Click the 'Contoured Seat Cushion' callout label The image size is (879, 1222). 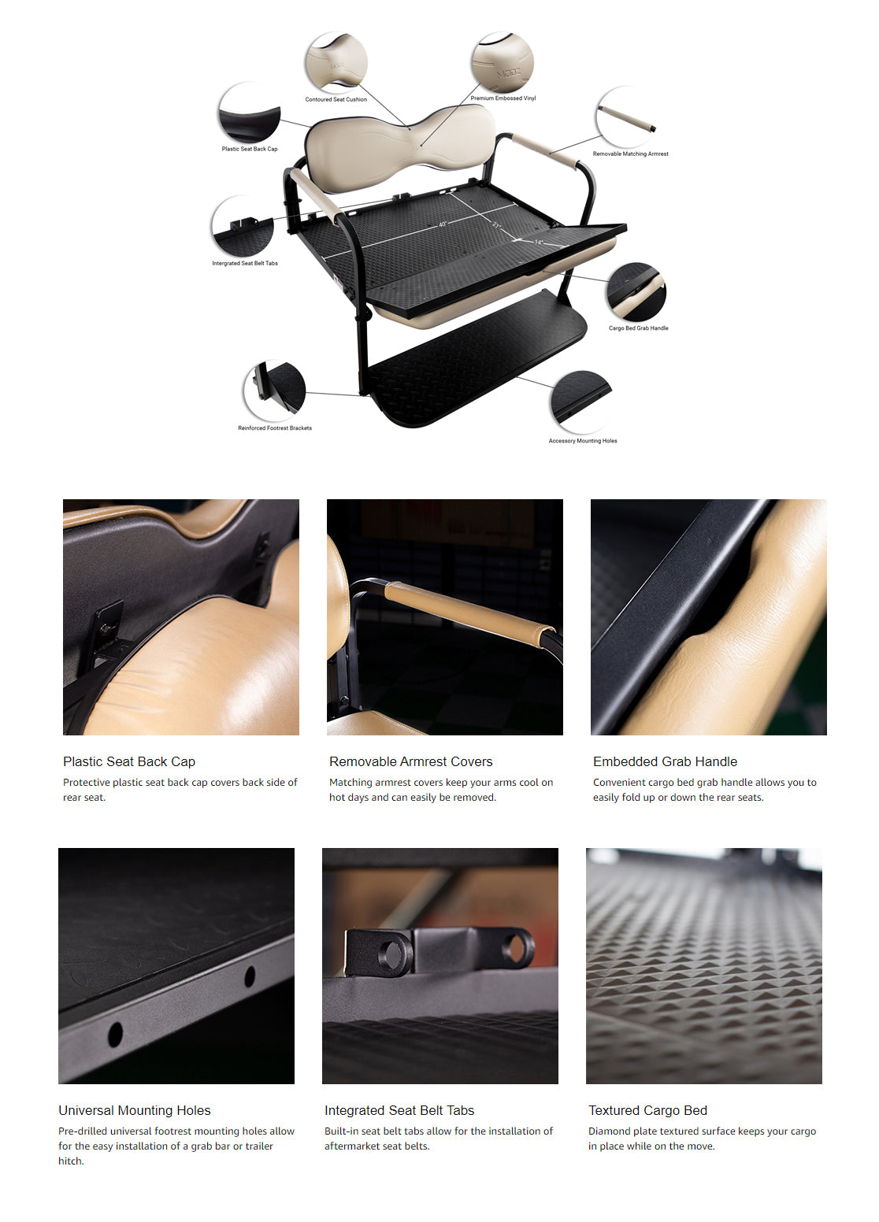pyautogui.click(x=336, y=99)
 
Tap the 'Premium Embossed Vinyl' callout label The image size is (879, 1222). pyautogui.click(x=503, y=98)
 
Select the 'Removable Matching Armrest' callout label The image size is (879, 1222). pyautogui.click(x=630, y=154)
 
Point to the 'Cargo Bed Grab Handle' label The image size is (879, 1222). pyautogui.click(x=638, y=328)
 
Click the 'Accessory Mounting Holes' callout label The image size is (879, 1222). pyautogui.click(x=583, y=440)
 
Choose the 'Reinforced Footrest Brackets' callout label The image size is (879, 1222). pyautogui.click(x=274, y=428)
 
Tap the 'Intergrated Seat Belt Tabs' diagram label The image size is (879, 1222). pyautogui.click(x=244, y=263)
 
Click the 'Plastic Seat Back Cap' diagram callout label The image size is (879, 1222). pyautogui.click(x=250, y=148)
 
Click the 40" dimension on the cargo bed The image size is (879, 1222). pyautogui.click(x=442, y=224)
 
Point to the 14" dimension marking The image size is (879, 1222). pyautogui.click(x=539, y=243)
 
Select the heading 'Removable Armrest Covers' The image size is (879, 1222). pyautogui.click(x=410, y=761)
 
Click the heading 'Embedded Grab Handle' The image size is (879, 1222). pyautogui.click(x=665, y=761)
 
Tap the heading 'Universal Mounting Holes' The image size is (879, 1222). pyautogui.click(x=134, y=1109)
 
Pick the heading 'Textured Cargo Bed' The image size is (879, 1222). pyautogui.click(x=647, y=1109)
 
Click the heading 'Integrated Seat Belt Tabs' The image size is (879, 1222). pyautogui.click(x=399, y=1109)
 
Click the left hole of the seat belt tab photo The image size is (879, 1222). pyautogui.click(x=390, y=953)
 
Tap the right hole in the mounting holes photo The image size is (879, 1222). pyautogui.click(x=250, y=976)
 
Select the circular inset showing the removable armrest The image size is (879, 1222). pyautogui.click(x=625, y=117)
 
